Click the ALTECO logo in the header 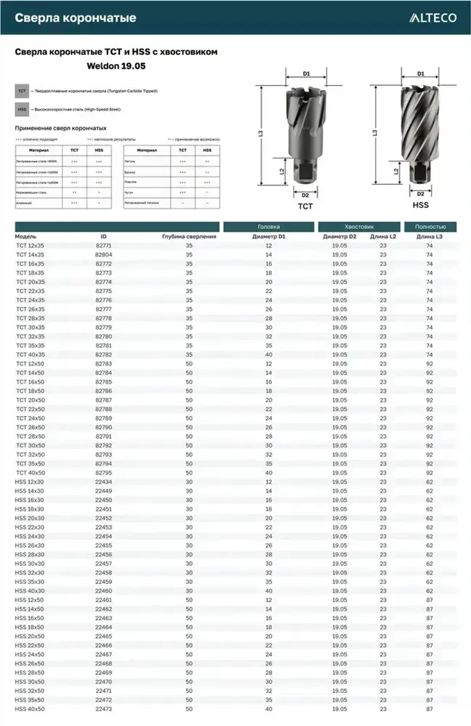point(433,18)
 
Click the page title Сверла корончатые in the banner point(75,18)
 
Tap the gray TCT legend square point(22,91)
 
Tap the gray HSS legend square point(22,109)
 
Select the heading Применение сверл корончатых point(60,128)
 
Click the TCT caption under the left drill point(305,206)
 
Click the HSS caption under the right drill point(420,205)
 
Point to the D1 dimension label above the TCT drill point(306,73)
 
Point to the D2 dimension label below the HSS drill point(420,194)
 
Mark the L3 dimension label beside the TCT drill point(260,134)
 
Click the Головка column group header point(268,227)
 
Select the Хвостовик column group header point(359,227)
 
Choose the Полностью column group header point(430,227)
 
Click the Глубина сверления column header point(189,237)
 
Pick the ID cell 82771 point(104,245)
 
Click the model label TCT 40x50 point(31,473)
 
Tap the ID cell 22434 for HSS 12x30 point(104,482)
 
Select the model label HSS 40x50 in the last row point(30,709)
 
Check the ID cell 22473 point(104,709)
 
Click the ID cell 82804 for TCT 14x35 point(104,255)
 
